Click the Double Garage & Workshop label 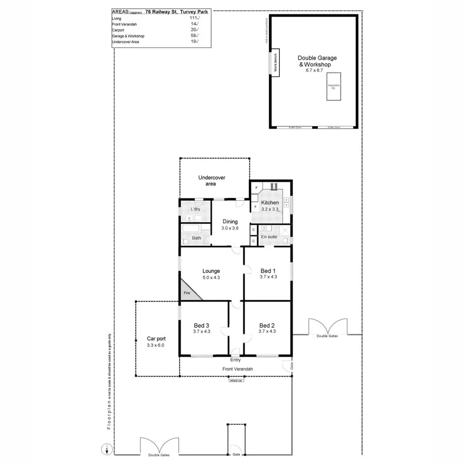(314, 62)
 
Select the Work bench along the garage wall (275, 65)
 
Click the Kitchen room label (270, 203)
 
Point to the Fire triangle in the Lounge (187, 292)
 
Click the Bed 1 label (268, 271)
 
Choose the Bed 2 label (267, 325)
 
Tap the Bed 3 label (202, 325)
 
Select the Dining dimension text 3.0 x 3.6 (230, 228)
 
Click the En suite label (269, 237)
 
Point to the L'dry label (195, 209)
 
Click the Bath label (197, 238)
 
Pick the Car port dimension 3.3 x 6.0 (156, 346)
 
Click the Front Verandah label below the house (237, 369)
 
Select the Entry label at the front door (236, 360)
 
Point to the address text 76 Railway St (161, 10)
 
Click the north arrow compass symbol (106, 449)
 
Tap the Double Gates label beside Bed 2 (327, 336)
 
